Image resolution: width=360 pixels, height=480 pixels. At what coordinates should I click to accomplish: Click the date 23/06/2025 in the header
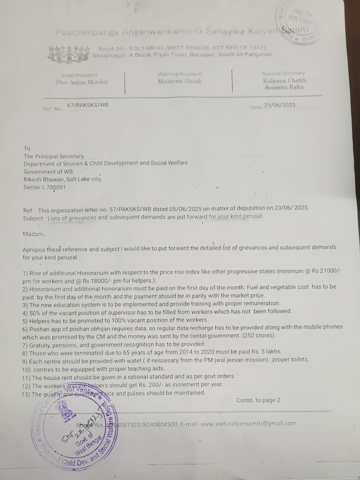(x=279, y=105)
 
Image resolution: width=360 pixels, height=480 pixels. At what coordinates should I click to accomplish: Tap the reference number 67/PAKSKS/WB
(x=88, y=105)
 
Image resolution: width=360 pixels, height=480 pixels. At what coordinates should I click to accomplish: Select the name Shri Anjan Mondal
(x=82, y=82)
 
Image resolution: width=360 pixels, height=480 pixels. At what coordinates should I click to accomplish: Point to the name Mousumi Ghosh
(x=180, y=81)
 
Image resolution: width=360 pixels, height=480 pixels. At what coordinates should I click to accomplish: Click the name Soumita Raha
(x=284, y=87)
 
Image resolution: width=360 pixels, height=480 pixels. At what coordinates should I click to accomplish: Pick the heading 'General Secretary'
(x=283, y=73)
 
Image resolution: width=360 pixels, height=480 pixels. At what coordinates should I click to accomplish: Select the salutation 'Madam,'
(x=33, y=234)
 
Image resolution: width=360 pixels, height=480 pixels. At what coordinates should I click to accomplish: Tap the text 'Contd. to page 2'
(x=258, y=400)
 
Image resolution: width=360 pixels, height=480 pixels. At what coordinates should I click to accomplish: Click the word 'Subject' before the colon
(x=33, y=218)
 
